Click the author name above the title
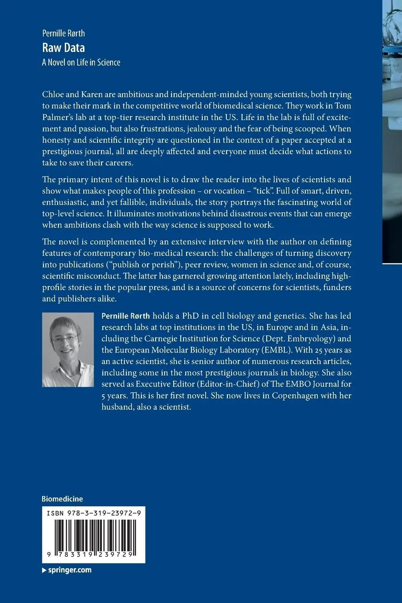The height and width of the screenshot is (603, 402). [63, 33]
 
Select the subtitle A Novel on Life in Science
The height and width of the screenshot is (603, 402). [81, 62]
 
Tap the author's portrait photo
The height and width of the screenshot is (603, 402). [68, 349]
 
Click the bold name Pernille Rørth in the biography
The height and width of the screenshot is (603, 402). [126, 316]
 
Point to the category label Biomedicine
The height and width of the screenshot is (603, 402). [62, 499]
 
